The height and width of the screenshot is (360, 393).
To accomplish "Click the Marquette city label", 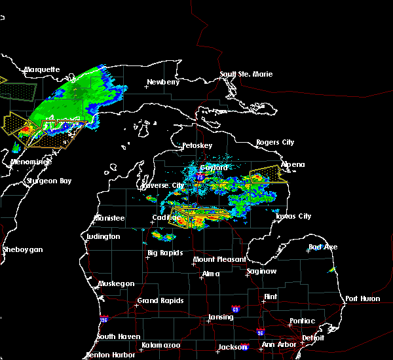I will (x=42, y=69).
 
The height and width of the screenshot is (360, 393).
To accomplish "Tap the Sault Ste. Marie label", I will (x=246, y=74).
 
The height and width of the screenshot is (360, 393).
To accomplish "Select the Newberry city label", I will (x=163, y=82).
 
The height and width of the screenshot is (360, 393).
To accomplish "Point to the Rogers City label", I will (x=275, y=142).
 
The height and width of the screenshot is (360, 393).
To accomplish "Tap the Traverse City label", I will (x=164, y=185).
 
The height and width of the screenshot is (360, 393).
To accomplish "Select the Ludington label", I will (x=103, y=236).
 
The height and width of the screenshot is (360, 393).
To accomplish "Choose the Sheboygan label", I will (x=22, y=249).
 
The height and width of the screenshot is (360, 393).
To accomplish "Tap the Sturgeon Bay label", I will (x=48, y=181).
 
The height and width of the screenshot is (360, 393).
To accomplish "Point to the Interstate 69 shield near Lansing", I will (x=234, y=308).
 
